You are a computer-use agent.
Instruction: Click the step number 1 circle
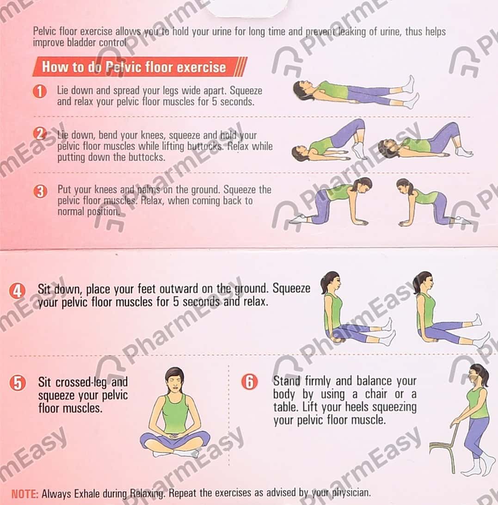[40, 91]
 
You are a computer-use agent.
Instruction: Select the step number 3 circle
[40, 191]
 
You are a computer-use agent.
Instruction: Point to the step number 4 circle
[17, 291]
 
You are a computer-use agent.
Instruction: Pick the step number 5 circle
[18, 383]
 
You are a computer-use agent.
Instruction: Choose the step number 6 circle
[250, 382]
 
